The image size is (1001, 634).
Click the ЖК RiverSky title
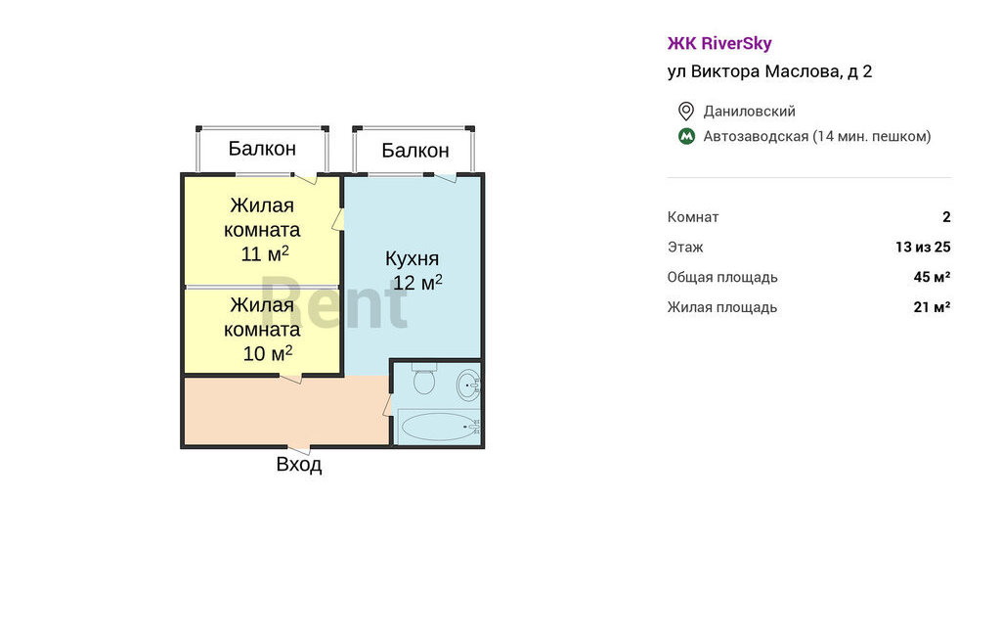point(719,43)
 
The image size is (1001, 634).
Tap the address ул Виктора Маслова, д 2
point(769,71)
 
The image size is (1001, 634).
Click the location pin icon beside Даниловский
point(685,112)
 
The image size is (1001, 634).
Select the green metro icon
point(686,136)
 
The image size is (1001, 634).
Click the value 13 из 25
point(923,247)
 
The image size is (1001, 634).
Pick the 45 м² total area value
point(932,277)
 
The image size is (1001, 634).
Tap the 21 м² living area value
point(932,307)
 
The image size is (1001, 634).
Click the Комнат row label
point(693,216)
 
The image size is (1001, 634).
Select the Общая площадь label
point(722,278)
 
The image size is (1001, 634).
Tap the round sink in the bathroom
point(468,385)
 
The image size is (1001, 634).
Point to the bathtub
point(440,427)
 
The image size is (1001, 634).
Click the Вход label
point(299,464)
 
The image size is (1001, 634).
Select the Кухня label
point(412,258)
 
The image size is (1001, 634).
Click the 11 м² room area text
point(265,253)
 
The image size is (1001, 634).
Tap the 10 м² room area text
point(268,353)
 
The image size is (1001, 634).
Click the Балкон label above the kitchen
point(414,151)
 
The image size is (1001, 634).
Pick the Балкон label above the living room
point(262,149)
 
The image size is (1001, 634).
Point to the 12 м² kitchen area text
point(417,282)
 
